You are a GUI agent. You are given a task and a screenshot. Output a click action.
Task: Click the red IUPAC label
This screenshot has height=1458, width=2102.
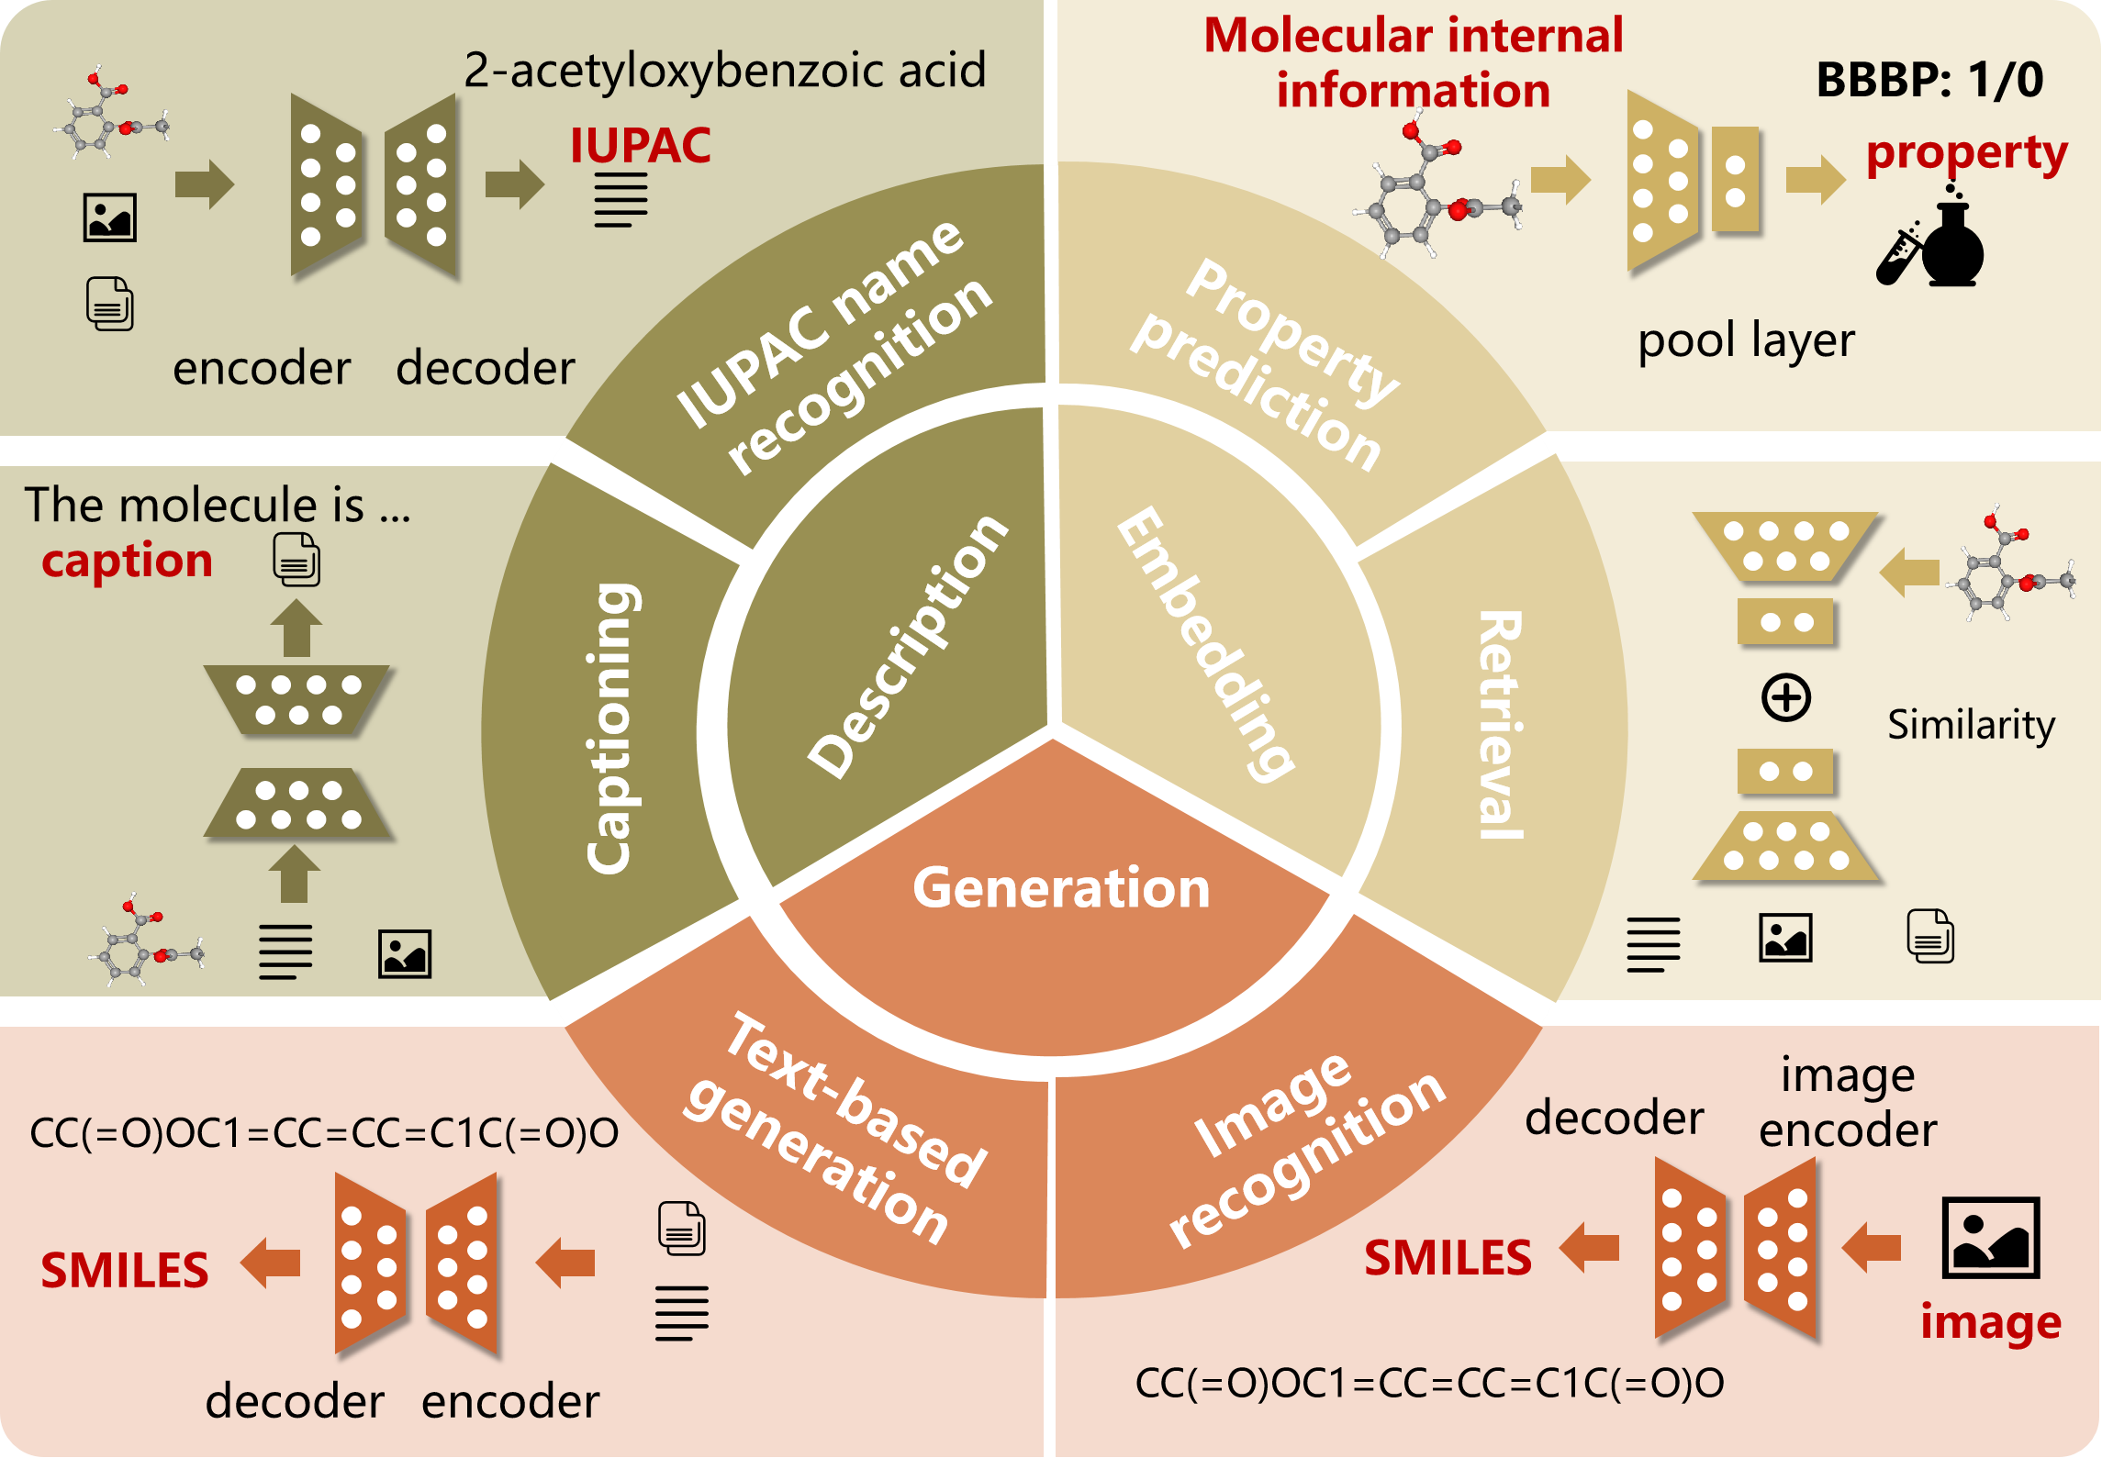640,145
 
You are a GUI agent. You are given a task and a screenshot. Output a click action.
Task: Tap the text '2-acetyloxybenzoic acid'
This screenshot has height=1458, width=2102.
724,70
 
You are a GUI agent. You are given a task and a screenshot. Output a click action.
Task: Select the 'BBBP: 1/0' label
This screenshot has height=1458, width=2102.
1929,80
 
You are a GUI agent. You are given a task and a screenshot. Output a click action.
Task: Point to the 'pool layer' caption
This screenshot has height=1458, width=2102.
1746,341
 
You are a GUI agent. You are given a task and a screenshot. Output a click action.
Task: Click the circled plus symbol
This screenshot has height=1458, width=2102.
1785,697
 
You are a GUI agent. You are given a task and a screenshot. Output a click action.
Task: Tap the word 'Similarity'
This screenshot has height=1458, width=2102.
1971,725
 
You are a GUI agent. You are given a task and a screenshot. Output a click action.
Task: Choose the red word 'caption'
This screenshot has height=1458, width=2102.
127,560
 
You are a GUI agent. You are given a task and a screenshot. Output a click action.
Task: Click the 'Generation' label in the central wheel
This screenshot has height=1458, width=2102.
1061,887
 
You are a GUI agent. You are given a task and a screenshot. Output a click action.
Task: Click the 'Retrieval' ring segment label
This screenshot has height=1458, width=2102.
1500,725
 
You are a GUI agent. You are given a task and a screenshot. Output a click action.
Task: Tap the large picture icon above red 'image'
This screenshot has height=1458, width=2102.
1990,1238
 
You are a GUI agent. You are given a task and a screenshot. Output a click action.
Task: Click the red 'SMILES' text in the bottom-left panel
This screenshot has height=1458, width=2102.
125,1271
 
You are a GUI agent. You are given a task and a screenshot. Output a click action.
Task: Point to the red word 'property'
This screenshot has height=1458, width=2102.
1966,153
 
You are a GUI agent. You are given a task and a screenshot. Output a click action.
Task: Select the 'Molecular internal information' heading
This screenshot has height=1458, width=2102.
1413,62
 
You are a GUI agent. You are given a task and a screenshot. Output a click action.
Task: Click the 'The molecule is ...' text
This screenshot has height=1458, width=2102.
217,505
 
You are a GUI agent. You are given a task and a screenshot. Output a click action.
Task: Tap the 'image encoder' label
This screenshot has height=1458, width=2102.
1847,1102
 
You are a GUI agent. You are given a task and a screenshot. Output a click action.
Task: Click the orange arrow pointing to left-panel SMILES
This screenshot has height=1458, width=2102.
271,1263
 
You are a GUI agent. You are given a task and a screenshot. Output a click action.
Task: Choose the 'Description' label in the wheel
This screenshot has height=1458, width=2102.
908,646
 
